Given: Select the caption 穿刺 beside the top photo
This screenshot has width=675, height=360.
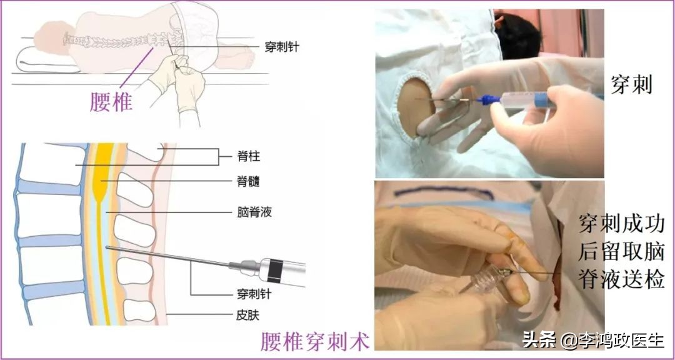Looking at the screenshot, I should coord(631,84).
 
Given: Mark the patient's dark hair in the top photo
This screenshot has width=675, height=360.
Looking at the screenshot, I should coord(518,34).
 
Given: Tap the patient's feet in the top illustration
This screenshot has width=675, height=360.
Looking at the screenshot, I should coord(241,58).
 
